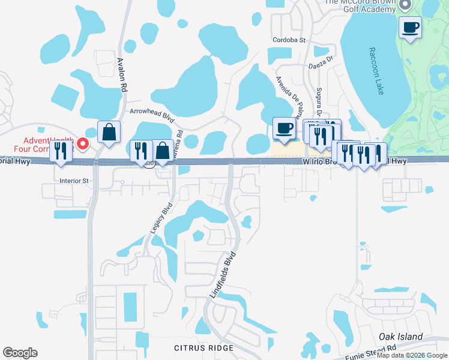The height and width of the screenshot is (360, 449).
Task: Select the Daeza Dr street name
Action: pyautogui.click(x=321, y=63)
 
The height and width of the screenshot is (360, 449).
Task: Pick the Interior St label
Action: pyautogui.click(x=74, y=180)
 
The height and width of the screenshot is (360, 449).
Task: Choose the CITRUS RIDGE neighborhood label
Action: pyautogui.click(x=203, y=348)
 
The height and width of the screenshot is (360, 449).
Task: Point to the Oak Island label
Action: pyautogui.click(x=401, y=337)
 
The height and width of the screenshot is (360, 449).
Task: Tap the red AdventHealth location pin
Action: pyautogui.click(x=83, y=144)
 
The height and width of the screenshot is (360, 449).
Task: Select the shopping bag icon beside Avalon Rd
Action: pyautogui.click(x=109, y=132)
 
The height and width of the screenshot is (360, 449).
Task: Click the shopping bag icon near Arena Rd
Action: pyautogui.click(x=162, y=151)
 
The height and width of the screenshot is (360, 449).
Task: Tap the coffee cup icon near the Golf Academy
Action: pyautogui.click(x=411, y=27)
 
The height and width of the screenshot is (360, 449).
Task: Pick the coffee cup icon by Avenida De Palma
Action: pyautogui.click(x=284, y=127)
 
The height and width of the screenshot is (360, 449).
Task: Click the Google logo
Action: pyautogui.click(x=20, y=353)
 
